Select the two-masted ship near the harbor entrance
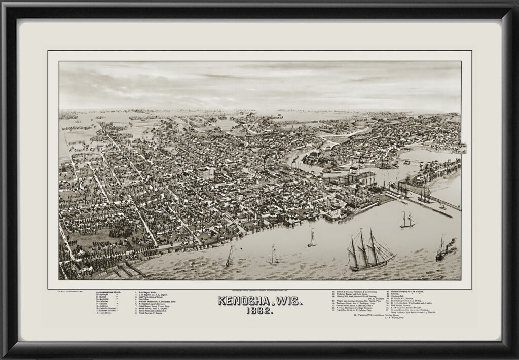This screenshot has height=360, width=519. pos(407,221)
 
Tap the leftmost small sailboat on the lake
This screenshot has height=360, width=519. pos(229,257)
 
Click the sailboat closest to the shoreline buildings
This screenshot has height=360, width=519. pos(311,238)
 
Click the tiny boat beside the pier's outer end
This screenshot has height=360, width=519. pos(443,207)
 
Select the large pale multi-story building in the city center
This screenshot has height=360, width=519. pos(205,173)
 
